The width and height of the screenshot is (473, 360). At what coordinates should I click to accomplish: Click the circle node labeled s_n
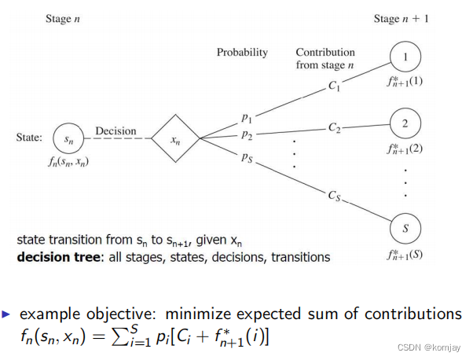pos(69,138)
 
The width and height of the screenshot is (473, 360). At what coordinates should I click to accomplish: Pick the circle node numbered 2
pos(405,123)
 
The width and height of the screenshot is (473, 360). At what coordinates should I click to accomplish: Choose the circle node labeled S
pos(405,229)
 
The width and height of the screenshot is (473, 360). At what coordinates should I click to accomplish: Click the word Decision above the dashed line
pos(115,131)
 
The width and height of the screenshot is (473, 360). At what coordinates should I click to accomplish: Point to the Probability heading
pos(242,53)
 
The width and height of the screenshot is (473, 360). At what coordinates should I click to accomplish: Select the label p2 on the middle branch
pos(247,135)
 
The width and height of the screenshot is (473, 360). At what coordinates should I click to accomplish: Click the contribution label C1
pos(334,89)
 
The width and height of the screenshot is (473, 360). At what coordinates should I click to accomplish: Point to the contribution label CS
pos(333,193)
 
